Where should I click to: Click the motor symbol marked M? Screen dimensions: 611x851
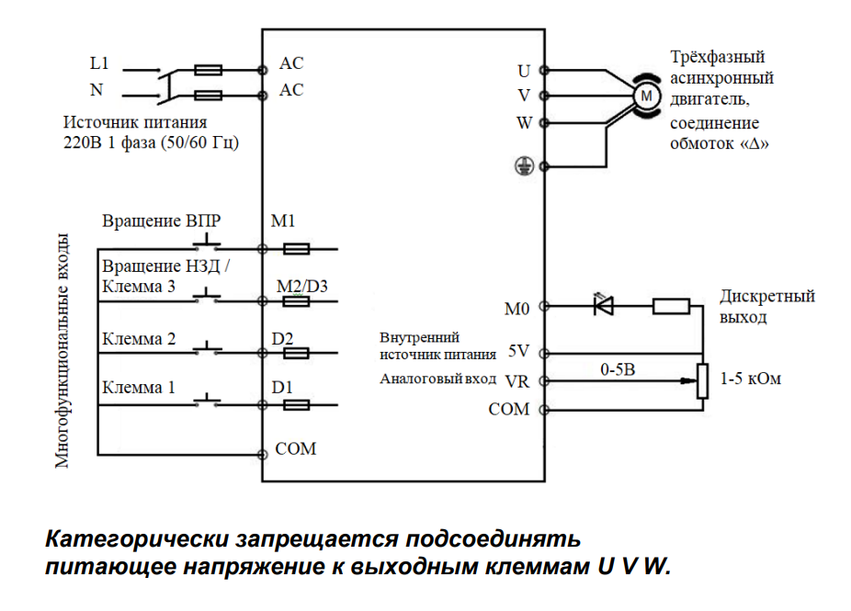pyautogui.click(x=646, y=95)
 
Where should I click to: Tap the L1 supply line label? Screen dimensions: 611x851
pyautogui.click(x=99, y=64)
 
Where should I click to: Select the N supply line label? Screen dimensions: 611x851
pyautogui.click(x=96, y=90)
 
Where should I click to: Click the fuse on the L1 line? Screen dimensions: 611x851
pyautogui.click(x=209, y=69)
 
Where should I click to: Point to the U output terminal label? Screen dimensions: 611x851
pyautogui.click(x=524, y=70)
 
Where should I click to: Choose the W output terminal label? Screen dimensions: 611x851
pyautogui.click(x=524, y=122)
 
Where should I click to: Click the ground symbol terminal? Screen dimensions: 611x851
pyautogui.click(x=524, y=166)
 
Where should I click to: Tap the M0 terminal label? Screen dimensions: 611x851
pyautogui.click(x=517, y=309)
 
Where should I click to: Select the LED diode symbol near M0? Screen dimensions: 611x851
pyautogui.click(x=604, y=305)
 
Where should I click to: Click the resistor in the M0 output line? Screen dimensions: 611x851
pyautogui.click(x=671, y=305)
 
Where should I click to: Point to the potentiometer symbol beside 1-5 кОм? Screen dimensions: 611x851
pyautogui.click(x=703, y=380)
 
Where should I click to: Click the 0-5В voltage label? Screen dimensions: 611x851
pyautogui.click(x=619, y=368)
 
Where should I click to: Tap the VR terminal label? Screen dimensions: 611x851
pyautogui.click(x=515, y=379)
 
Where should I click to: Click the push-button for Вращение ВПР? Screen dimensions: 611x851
pyautogui.click(x=207, y=244)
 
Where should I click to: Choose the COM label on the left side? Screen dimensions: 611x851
pyautogui.click(x=295, y=448)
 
